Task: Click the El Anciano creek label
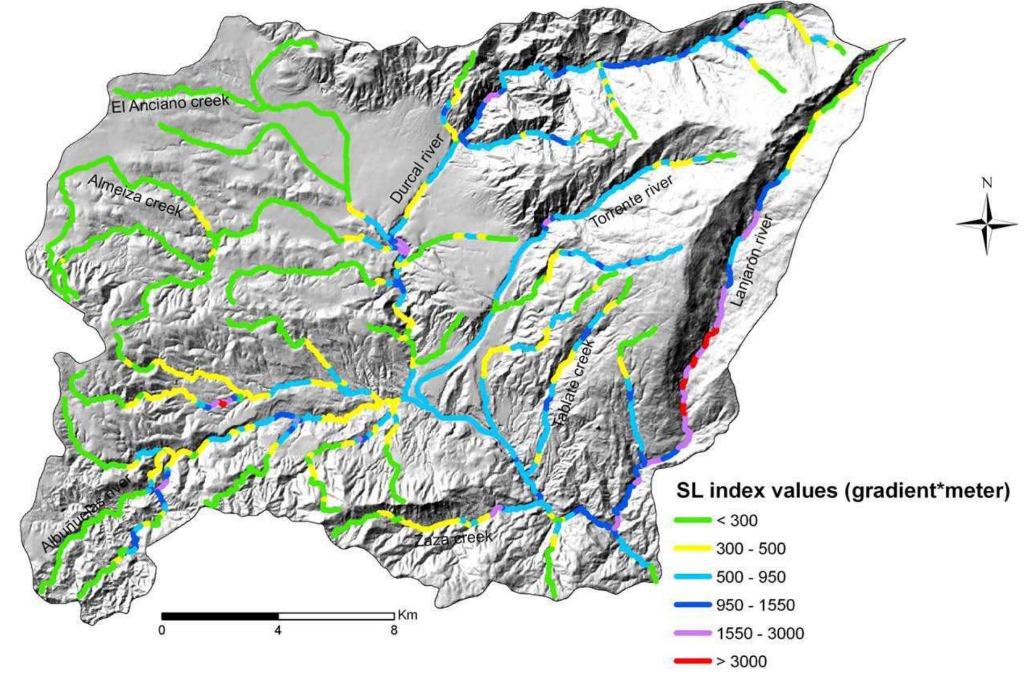tap(170, 103)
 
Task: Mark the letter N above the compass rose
tap(986, 183)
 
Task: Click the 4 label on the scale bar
tap(278, 630)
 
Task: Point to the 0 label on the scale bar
tap(162, 630)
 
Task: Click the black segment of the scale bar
tap(220, 616)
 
